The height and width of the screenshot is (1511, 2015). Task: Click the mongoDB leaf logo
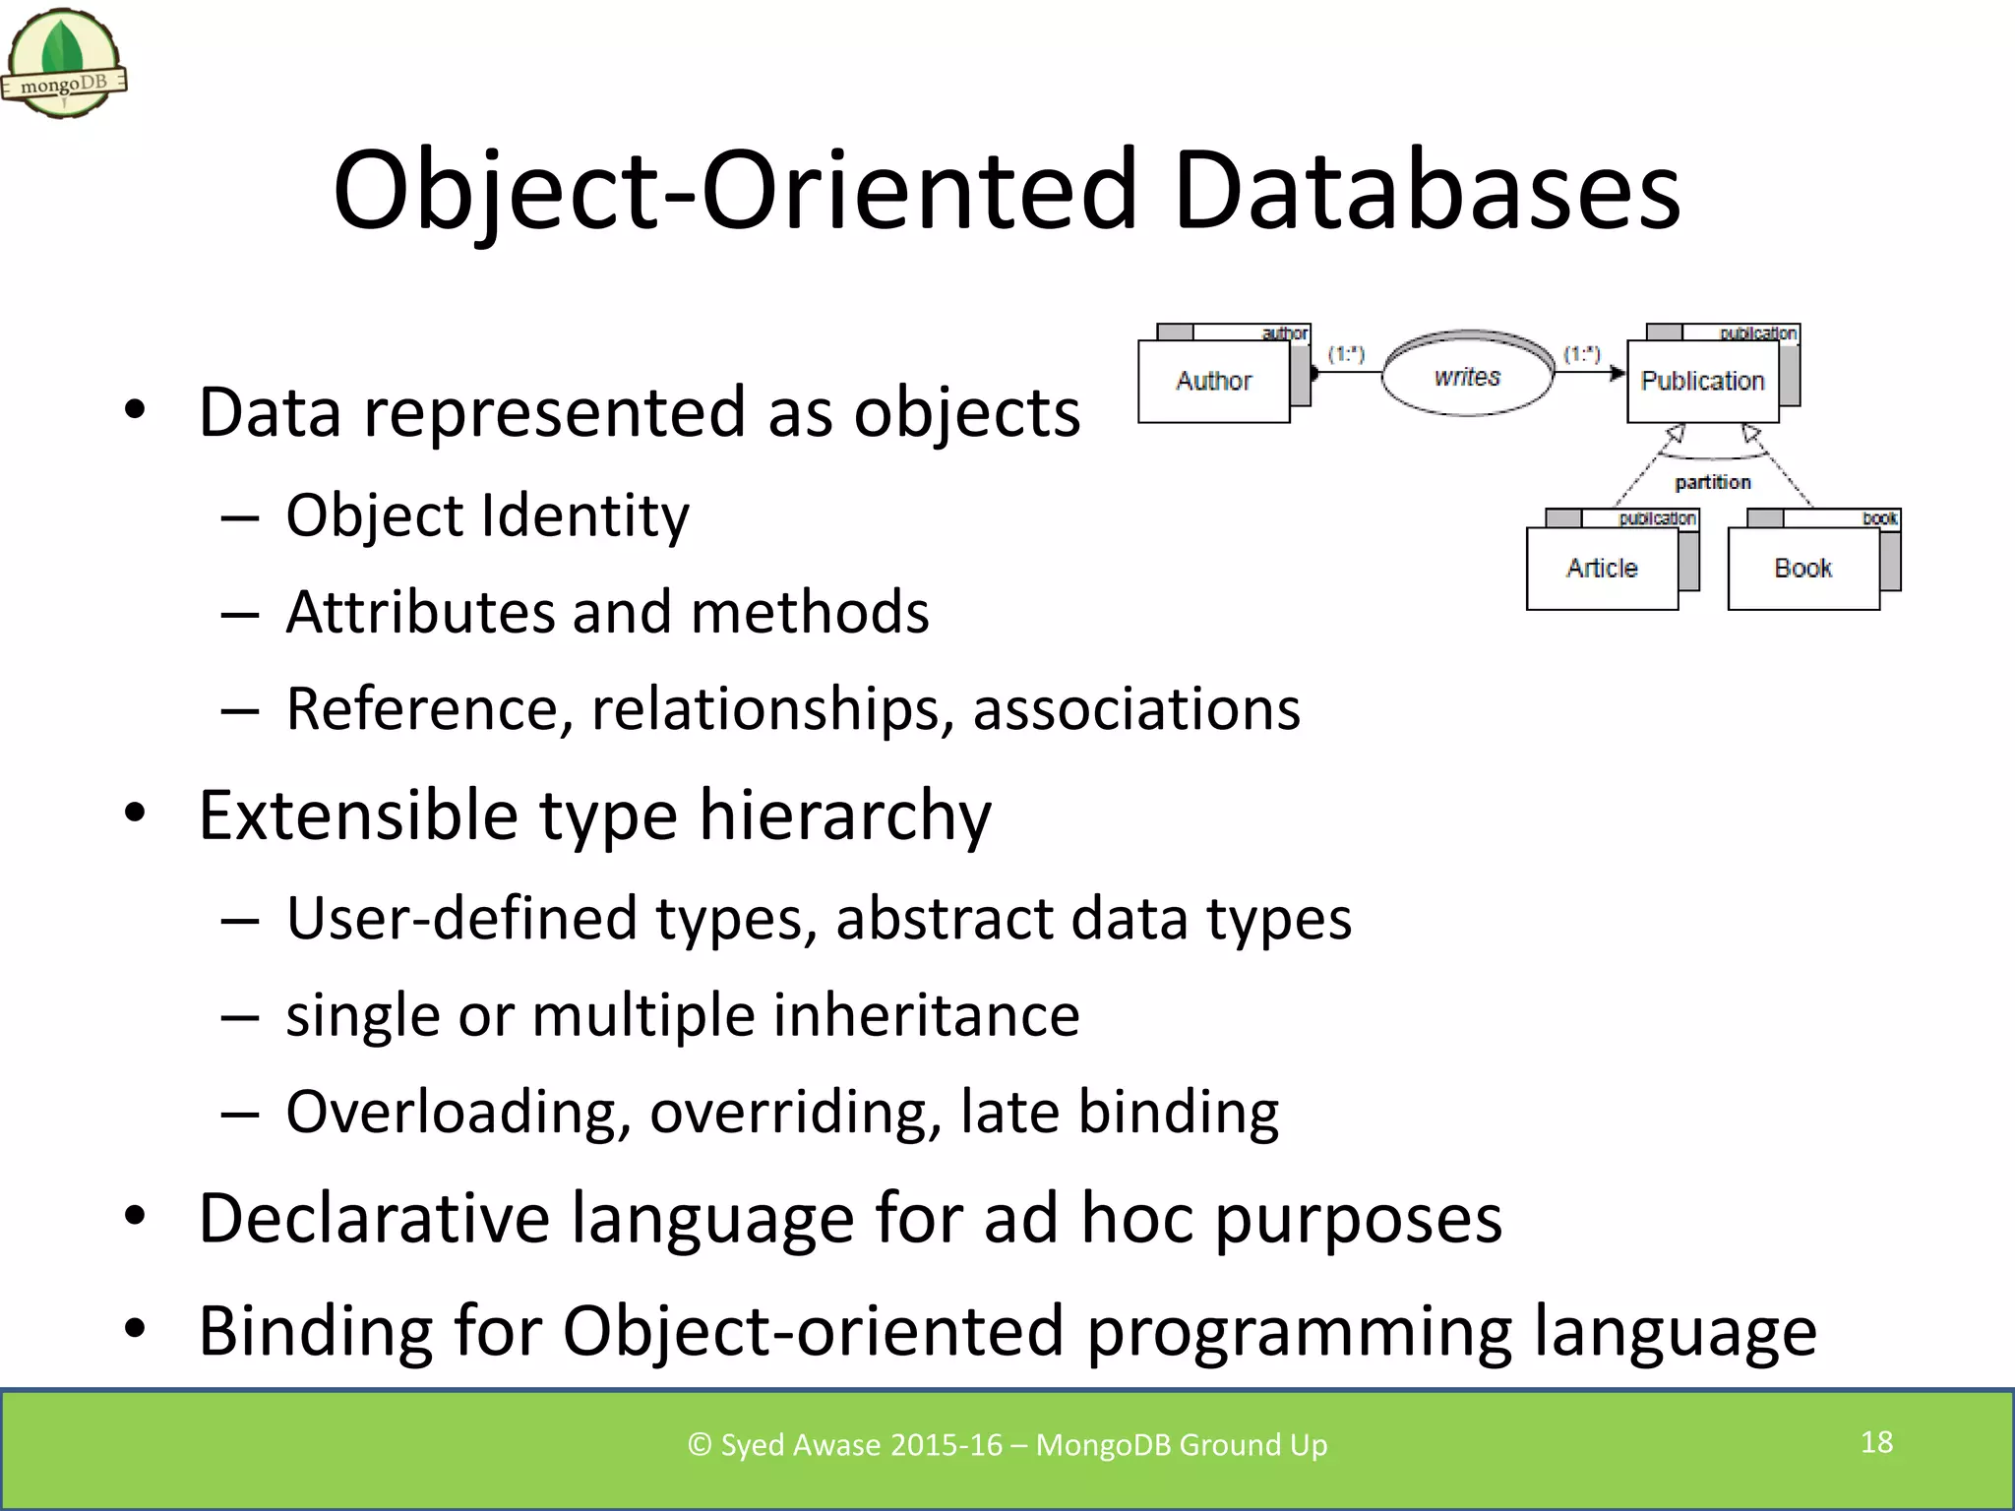tap(63, 61)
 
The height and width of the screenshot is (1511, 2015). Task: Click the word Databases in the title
tap(1427, 190)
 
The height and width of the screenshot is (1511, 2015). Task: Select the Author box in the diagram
tap(1213, 382)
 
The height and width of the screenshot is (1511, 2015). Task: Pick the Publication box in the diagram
tap(1702, 382)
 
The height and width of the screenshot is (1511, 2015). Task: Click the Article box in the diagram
tap(1602, 569)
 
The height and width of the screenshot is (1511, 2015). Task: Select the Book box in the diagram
tap(1802, 569)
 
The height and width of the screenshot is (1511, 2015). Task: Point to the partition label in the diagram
tap(1713, 482)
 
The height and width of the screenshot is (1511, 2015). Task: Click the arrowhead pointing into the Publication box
tap(1618, 373)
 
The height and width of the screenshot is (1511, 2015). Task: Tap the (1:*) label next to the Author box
tap(1346, 353)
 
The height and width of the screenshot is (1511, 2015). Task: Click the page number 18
tap(1876, 1442)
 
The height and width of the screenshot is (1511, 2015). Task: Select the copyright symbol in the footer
tap(699, 1444)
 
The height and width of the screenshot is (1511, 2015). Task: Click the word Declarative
tap(374, 1219)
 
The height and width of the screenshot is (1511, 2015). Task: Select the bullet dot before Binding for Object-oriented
tap(135, 1329)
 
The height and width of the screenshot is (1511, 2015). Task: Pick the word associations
tap(1136, 708)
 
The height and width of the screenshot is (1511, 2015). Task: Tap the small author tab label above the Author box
tap(1284, 333)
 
